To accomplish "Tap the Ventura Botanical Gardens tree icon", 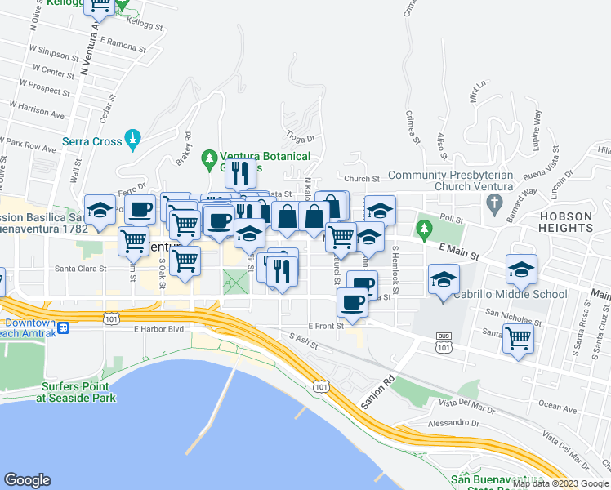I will (211, 156).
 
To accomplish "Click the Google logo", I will (27, 480).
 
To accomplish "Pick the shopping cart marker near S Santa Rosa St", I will (519, 336).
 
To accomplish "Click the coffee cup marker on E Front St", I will (352, 303).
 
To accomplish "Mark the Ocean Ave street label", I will (557, 406).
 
